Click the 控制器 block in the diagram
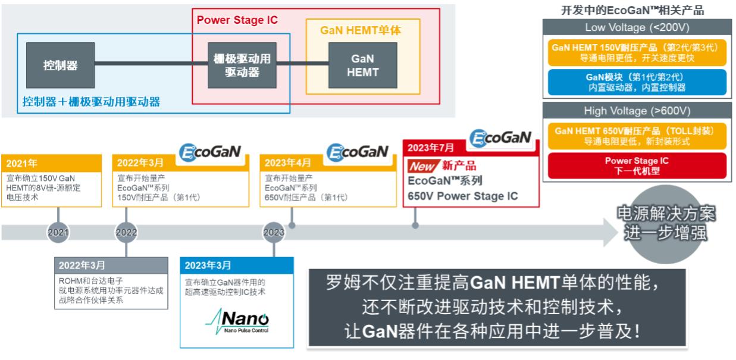click(x=59, y=65)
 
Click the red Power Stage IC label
click(x=237, y=20)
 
